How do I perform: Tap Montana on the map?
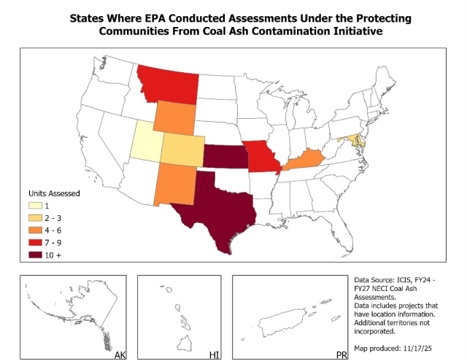[x=169, y=84]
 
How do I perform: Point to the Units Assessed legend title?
[x=54, y=194]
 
